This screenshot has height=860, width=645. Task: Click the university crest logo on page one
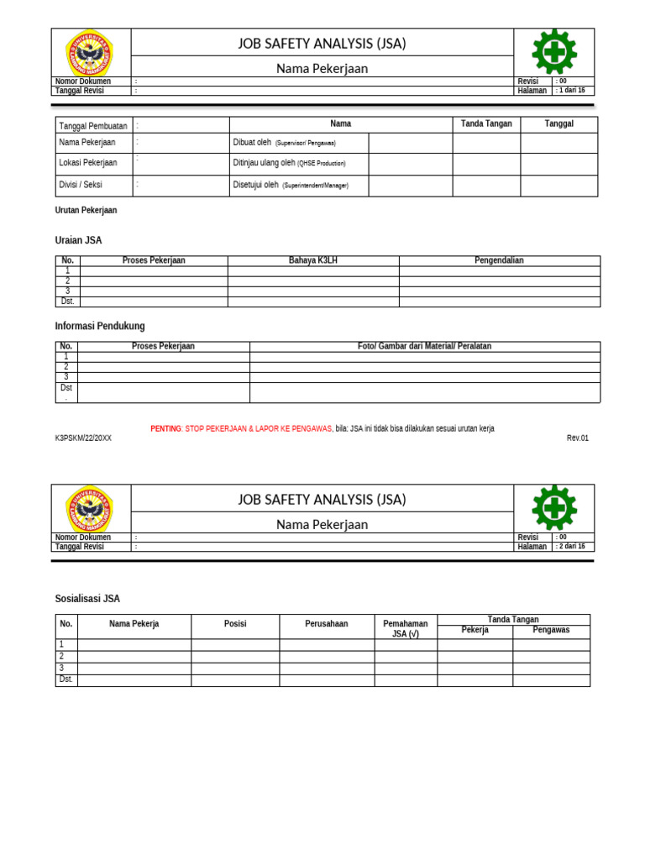tap(90, 53)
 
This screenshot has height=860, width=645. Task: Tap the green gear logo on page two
tap(554, 507)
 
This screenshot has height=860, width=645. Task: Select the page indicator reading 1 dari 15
tap(571, 91)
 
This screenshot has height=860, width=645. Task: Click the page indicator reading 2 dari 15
tap(571, 546)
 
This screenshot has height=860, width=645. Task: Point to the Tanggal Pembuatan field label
tap(93, 126)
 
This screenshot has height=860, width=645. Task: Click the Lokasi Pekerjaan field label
tap(88, 163)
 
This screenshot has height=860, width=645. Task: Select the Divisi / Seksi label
tap(81, 185)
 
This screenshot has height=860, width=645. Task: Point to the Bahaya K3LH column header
tap(313, 260)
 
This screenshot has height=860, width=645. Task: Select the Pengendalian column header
tap(499, 260)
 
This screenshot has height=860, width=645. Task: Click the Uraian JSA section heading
tap(78, 240)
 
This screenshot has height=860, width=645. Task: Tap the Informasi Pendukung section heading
tap(100, 326)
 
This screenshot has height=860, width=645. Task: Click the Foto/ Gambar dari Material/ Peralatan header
tap(424, 346)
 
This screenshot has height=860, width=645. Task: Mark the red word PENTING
tap(165, 428)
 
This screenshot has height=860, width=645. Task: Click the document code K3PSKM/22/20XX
tap(83, 438)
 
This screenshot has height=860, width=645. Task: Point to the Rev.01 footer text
tap(578, 438)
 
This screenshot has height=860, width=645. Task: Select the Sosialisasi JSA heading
tap(87, 599)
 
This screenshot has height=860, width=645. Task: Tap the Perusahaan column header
tap(327, 624)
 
